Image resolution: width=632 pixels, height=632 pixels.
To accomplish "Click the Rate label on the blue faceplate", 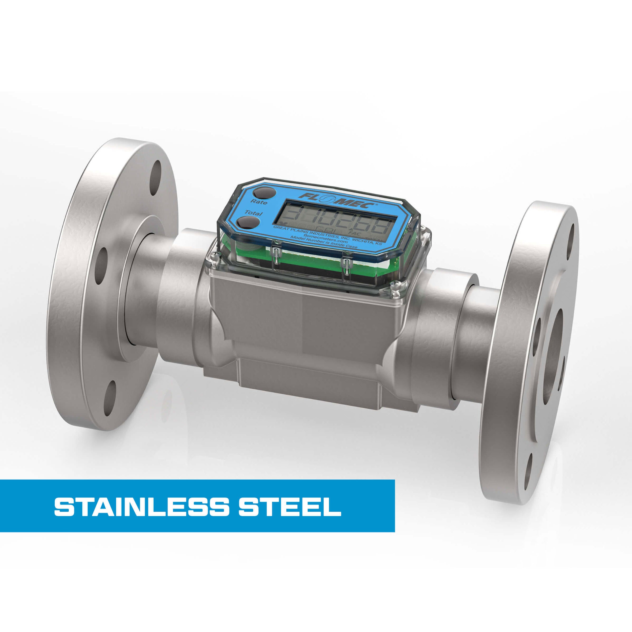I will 258,202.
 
